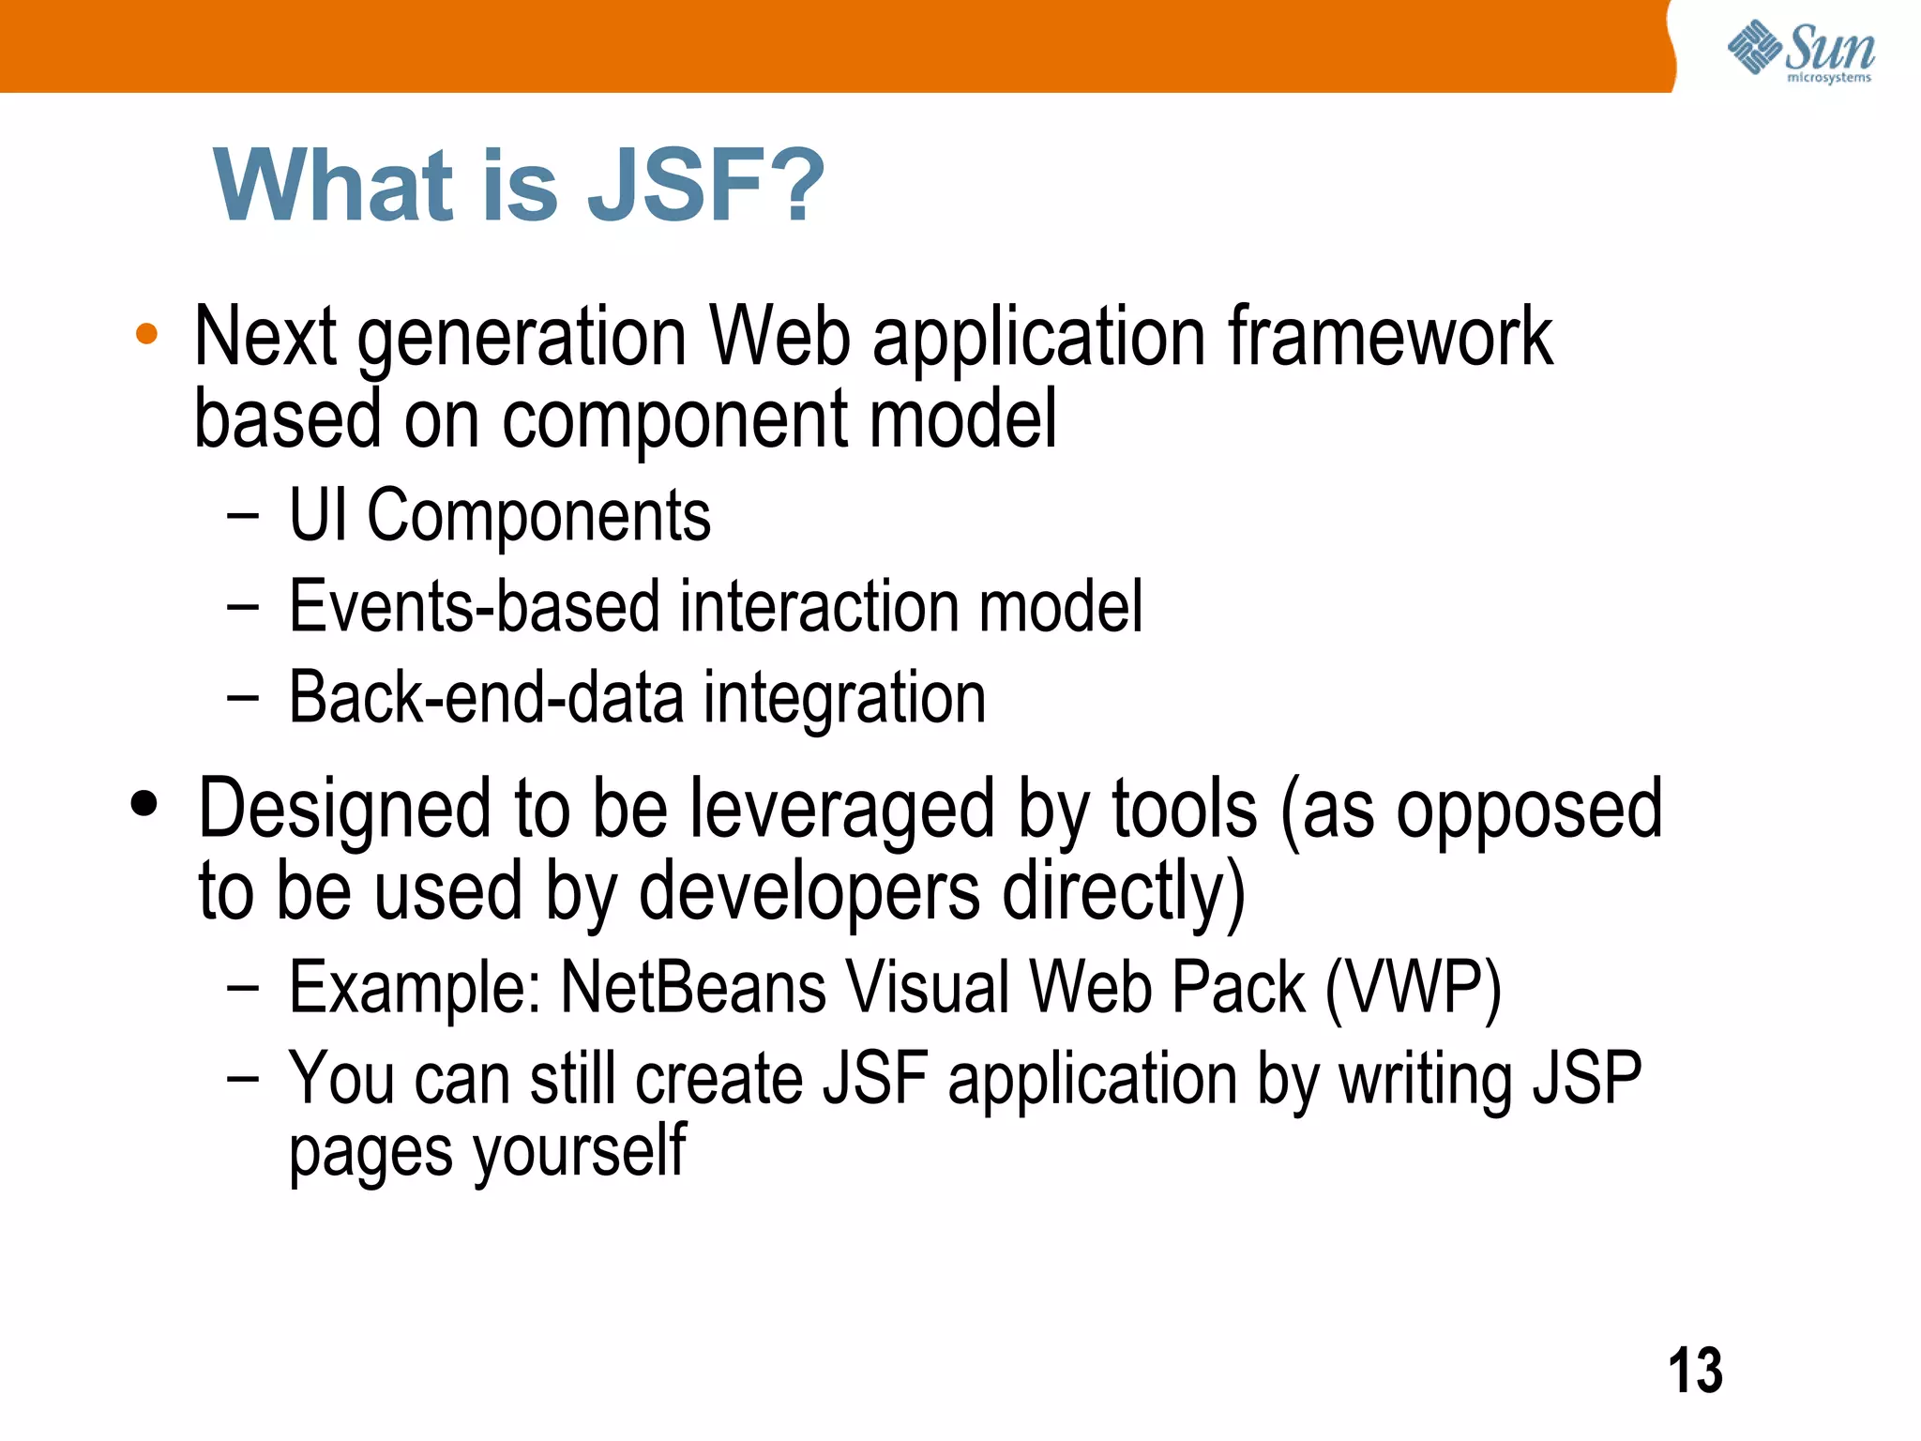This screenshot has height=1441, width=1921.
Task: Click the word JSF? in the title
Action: pyautogui.click(x=705, y=186)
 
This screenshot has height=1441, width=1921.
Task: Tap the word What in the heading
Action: pyautogui.click(x=334, y=186)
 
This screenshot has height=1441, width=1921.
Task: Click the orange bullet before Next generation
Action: pyautogui.click(x=146, y=334)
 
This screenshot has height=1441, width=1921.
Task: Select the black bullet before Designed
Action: pyautogui.click(x=144, y=804)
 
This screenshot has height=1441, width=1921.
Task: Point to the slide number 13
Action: pyautogui.click(x=1695, y=1371)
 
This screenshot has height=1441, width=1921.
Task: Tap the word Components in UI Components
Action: pyautogui.click(x=538, y=516)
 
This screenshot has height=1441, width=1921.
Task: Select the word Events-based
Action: pyautogui.click(x=474, y=607)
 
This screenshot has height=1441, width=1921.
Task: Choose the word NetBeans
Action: pyautogui.click(x=693, y=987)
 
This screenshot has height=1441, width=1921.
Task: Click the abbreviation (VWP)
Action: pyautogui.click(x=1413, y=988)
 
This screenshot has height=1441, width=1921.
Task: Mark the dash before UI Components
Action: pyautogui.click(x=242, y=515)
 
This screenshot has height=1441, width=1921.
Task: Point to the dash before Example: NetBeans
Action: pyautogui.click(x=242, y=987)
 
